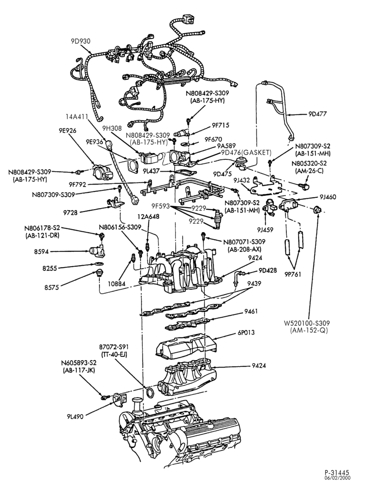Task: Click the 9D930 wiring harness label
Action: tap(81, 41)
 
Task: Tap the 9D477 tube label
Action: tap(317, 114)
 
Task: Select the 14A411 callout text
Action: tap(77, 117)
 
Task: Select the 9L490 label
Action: tap(75, 416)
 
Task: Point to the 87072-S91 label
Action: tap(114, 347)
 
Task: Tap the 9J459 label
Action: tap(265, 229)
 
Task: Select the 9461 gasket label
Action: tap(251, 311)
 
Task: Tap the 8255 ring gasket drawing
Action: tap(99, 263)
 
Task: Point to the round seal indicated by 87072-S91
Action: tap(151, 392)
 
